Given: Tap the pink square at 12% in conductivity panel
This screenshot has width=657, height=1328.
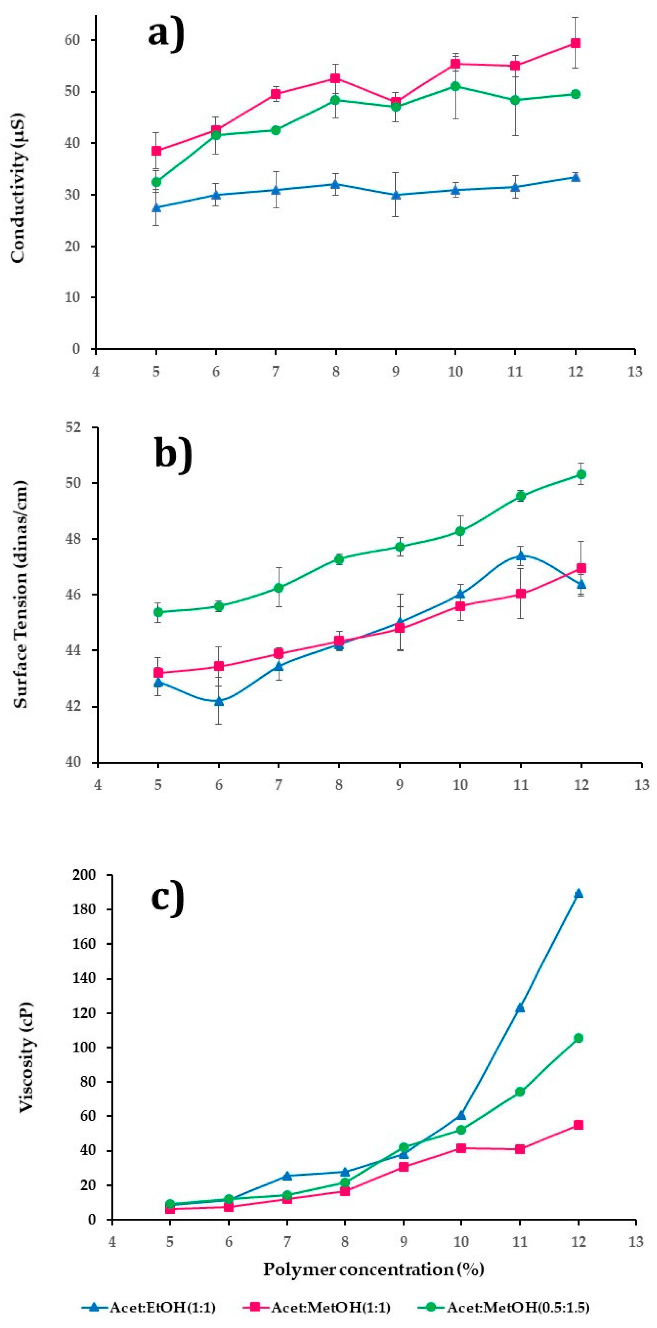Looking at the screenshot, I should coord(575,43).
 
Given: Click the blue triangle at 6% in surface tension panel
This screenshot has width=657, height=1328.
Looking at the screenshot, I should coord(219,701).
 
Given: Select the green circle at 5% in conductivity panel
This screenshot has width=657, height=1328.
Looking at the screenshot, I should coord(156,182).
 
